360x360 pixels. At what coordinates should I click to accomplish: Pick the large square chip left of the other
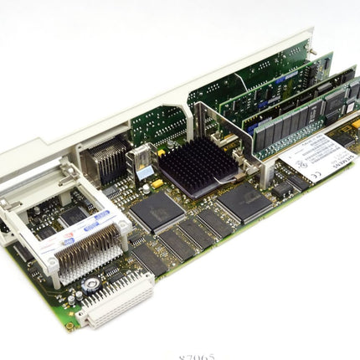[x=156, y=213]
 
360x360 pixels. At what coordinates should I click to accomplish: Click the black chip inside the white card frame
[x=71, y=214]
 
